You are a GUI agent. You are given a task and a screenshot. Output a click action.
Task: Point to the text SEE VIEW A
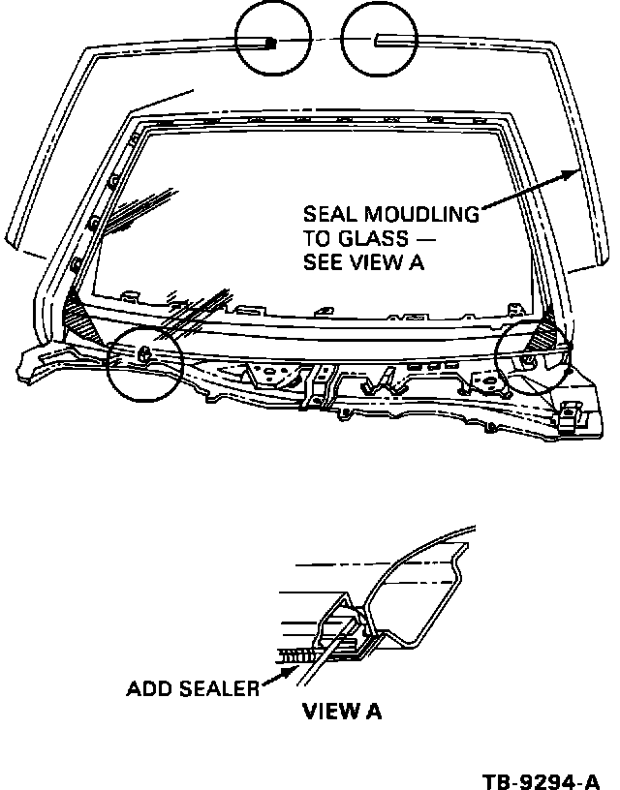coord(365,263)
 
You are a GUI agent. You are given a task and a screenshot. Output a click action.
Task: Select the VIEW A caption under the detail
coord(342,713)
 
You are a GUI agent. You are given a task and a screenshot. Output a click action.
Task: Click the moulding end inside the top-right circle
coord(378,40)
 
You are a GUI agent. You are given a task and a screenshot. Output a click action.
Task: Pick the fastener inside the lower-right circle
coord(528,360)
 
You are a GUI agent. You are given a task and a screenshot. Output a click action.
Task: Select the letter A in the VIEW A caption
coord(373,713)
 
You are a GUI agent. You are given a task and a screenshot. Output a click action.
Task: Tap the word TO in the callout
coord(317,239)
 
